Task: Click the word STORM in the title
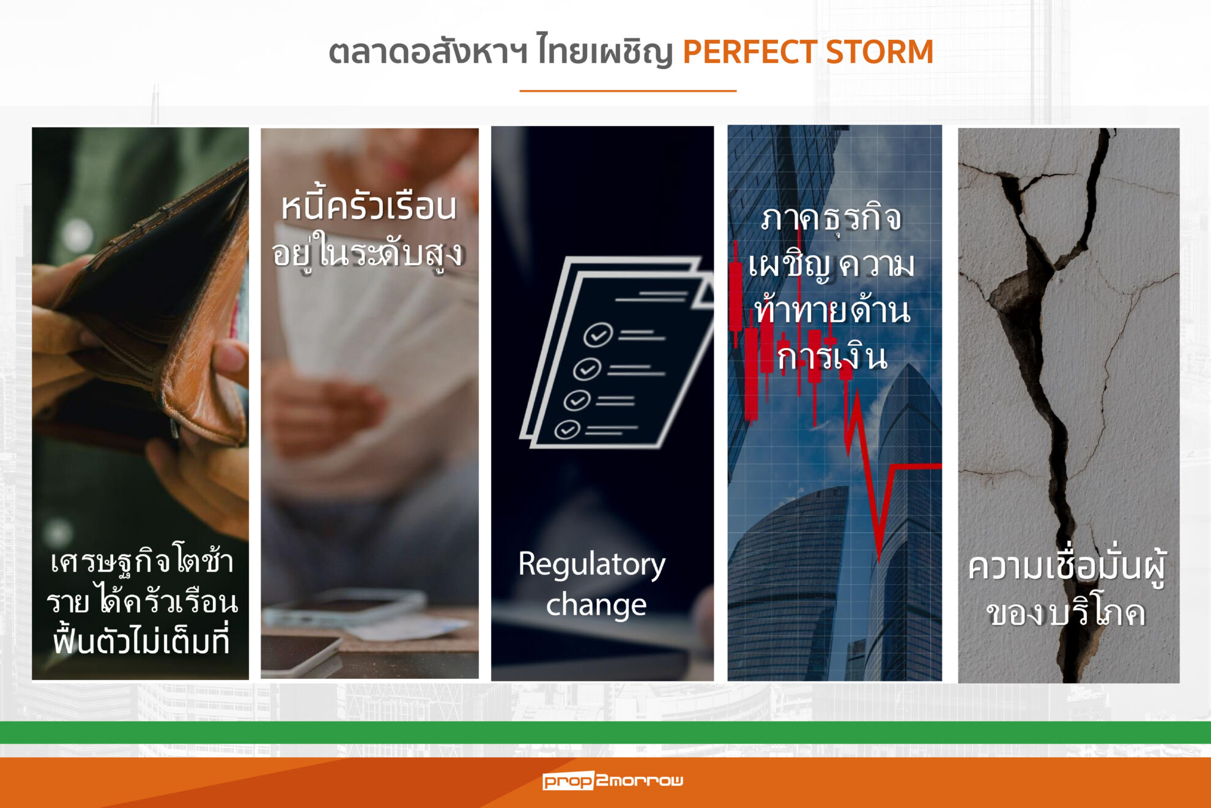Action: pyautogui.click(x=880, y=52)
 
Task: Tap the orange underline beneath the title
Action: pyautogui.click(x=628, y=91)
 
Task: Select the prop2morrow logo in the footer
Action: pyautogui.click(x=613, y=780)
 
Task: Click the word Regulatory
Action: pyautogui.click(x=592, y=564)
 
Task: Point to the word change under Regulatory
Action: pyautogui.click(x=596, y=605)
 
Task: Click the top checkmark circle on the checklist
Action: pyautogui.click(x=598, y=335)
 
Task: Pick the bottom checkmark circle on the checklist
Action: pyautogui.click(x=567, y=430)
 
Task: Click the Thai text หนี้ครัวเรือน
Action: pyautogui.click(x=369, y=206)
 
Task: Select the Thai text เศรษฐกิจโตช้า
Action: pyautogui.click(x=142, y=560)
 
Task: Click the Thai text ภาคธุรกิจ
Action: pyautogui.click(x=832, y=219)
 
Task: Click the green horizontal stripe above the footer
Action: pyautogui.click(x=605, y=732)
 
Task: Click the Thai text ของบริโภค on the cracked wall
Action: pyautogui.click(x=1066, y=613)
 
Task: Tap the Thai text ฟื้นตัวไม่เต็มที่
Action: pyautogui.click(x=141, y=640)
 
